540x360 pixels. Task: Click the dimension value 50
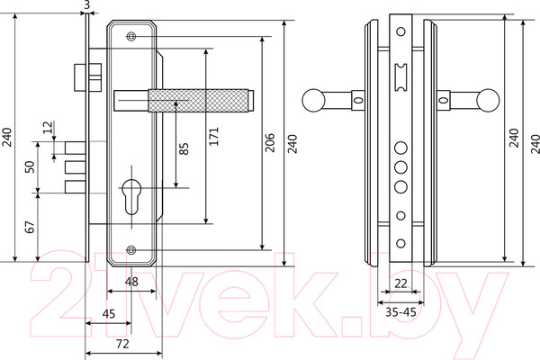(29, 167)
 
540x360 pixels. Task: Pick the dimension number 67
(29, 226)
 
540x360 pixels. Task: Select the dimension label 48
(131, 283)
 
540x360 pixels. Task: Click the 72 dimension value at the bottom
(123, 344)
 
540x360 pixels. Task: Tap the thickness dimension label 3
(85, 5)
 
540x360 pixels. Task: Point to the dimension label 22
(401, 283)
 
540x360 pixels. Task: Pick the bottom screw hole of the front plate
(132, 249)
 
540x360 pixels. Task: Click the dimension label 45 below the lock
(108, 314)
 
